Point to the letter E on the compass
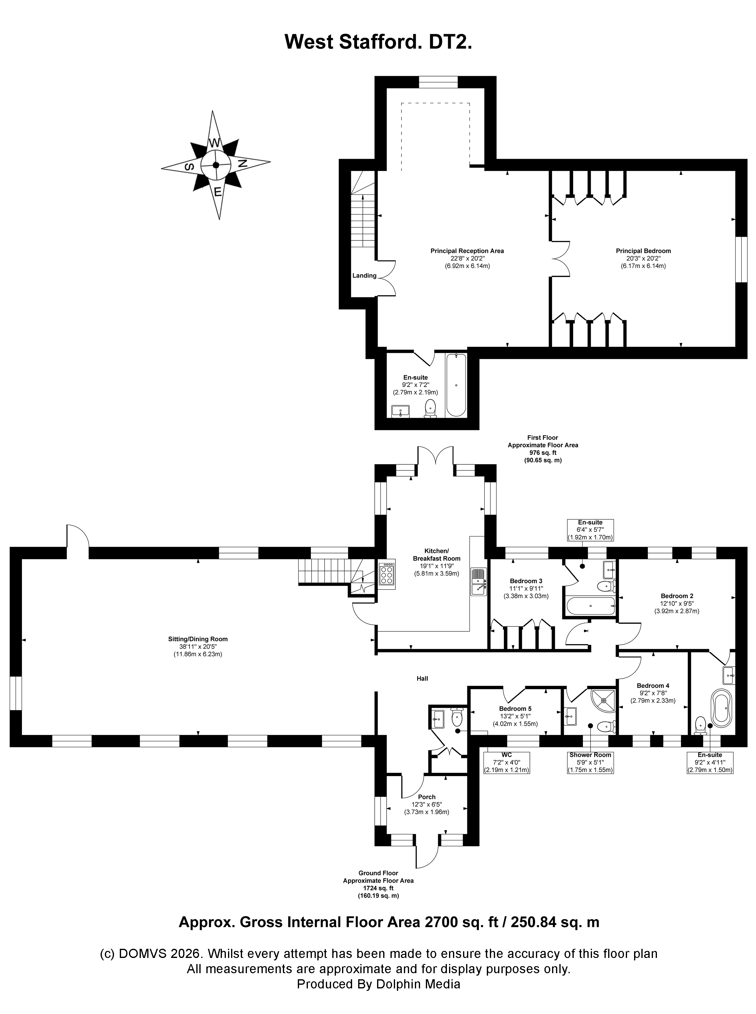[218, 192]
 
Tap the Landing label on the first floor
[364, 275]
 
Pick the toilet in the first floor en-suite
[430, 409]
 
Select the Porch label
[426, 797]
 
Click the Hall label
[423, 678]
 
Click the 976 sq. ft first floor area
[543, 453]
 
